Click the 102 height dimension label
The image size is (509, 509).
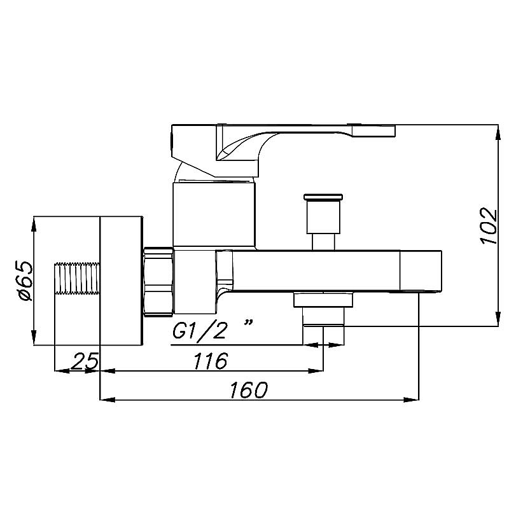(488, 226)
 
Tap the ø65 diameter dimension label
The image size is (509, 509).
(25, 281)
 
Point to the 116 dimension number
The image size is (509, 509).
(211, 361)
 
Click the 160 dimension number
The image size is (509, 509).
(249, 390)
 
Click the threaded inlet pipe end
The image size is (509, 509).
(77, 278)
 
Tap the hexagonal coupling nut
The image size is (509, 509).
(158, 281)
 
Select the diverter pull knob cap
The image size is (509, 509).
(323, 197)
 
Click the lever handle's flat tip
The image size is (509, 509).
(373, 130)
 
